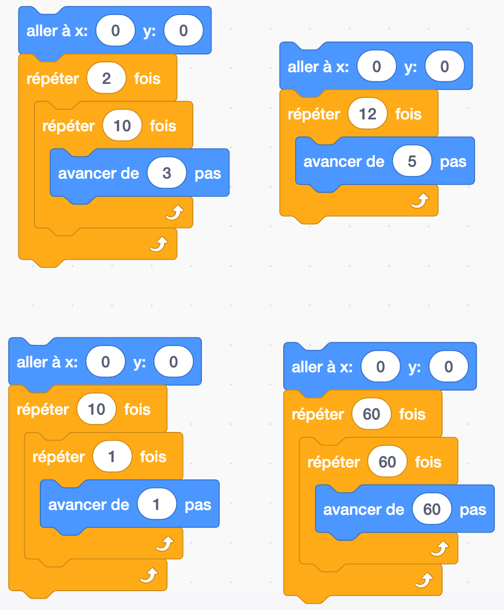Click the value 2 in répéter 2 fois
[x=106, y=79]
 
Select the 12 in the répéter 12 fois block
[x=367, y=114]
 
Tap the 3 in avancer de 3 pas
[x=166, y=173]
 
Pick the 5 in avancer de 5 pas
[x=412, y=161]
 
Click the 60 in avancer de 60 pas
[x=432, y=509]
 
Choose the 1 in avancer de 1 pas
[x=157, y=505]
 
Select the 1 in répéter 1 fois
[x=112, y=457]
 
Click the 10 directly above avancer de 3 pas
[x=122, y=126]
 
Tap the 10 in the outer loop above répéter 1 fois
[x=96, y=410]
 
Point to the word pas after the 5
[x=453, y=161]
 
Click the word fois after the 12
[x=408, y=114]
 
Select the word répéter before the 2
[x=53, y=79]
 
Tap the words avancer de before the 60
[x=363, y=509]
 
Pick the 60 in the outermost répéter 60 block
[x=371, y=414]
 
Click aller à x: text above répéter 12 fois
[x=318, y=67]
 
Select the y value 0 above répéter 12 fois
[x=444, y=67]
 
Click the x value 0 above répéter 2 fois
[x=115, y=31]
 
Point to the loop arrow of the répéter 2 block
[x=158, y=245]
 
